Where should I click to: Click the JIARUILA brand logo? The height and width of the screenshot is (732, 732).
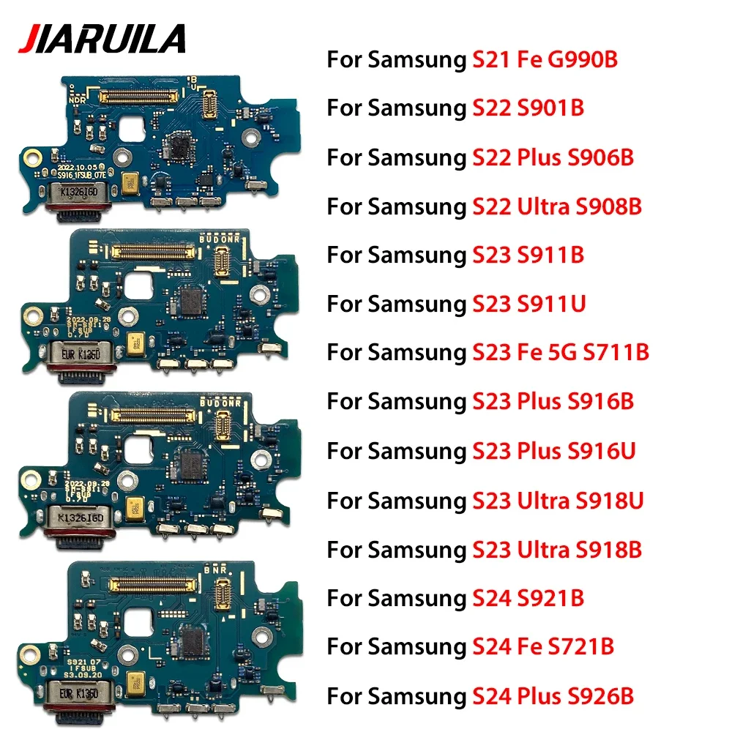coord(102,38)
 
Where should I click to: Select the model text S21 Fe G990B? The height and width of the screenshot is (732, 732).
coord(542,59)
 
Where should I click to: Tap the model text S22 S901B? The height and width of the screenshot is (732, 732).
coord(525,108)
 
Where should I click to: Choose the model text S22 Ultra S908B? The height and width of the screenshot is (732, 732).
coord(554,206)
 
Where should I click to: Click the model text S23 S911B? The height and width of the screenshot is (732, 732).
coord(525,255)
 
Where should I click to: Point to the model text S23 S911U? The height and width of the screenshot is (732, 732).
coord(526,303)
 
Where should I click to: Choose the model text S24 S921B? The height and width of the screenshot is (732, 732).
coord(525,598)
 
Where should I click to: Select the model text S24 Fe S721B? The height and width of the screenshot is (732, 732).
coord(540,647)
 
